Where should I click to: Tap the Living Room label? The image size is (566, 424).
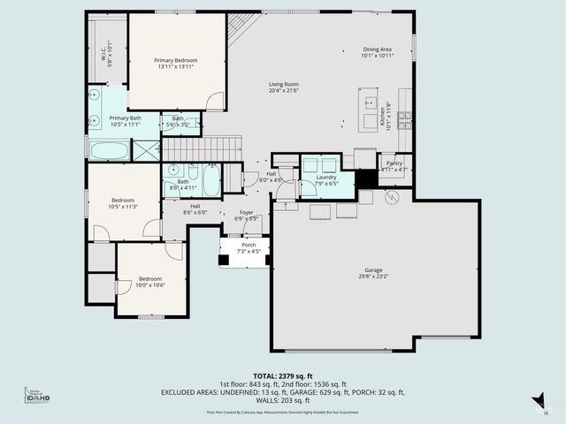tap(284, 85)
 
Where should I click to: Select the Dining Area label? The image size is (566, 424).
tap(377, 49)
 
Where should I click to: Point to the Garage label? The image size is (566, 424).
tap(373, 270)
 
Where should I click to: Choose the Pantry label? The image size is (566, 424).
tap(394, 163)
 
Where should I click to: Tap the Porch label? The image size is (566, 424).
tap(249, 245)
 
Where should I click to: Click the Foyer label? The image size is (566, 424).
tap(246, 213)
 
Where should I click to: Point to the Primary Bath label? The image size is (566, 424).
tap(125, 117)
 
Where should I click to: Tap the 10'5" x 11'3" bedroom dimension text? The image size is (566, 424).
tap(123, 206)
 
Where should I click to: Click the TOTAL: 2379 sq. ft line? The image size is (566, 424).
tap(282, 375)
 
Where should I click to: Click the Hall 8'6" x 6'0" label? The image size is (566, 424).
tap(195, 208)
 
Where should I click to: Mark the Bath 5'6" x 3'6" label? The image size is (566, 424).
tap(179, 122)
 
